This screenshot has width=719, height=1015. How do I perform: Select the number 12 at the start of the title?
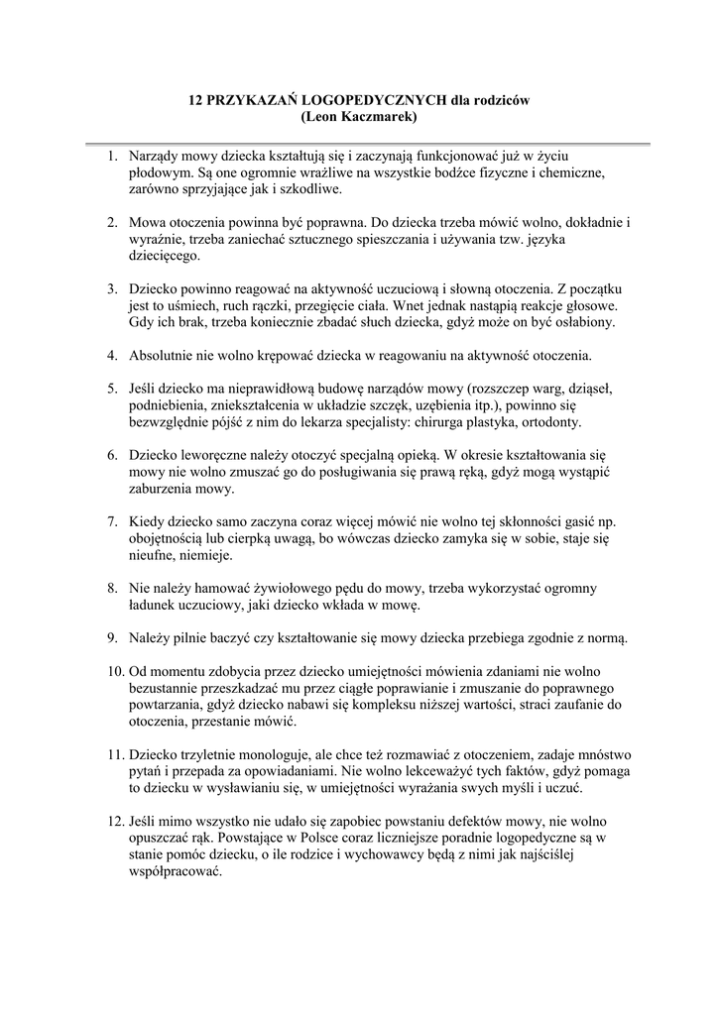click(196, 100)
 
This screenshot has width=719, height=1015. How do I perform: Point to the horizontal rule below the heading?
click(359, 143)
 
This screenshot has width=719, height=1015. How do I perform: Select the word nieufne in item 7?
click(155, 555)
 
